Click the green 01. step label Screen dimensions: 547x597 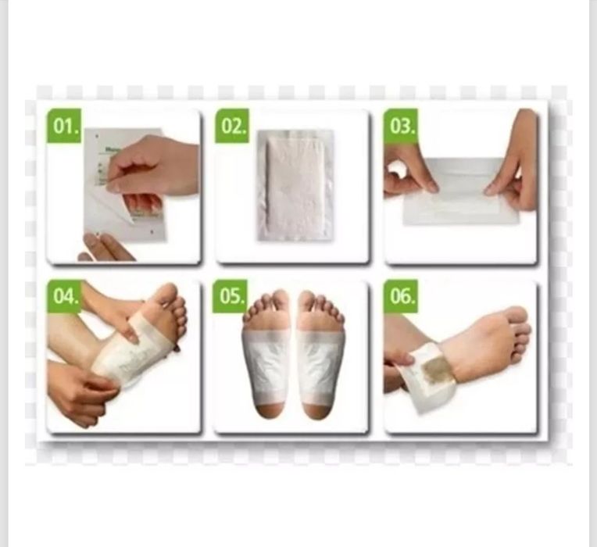pos(64,126)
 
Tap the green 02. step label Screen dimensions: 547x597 pos(232,126)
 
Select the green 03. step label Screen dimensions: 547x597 pos(400,126)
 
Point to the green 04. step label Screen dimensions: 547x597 pos(64,296)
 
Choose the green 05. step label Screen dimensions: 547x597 pos(232,296)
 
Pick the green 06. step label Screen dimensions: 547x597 pos(400,296)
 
